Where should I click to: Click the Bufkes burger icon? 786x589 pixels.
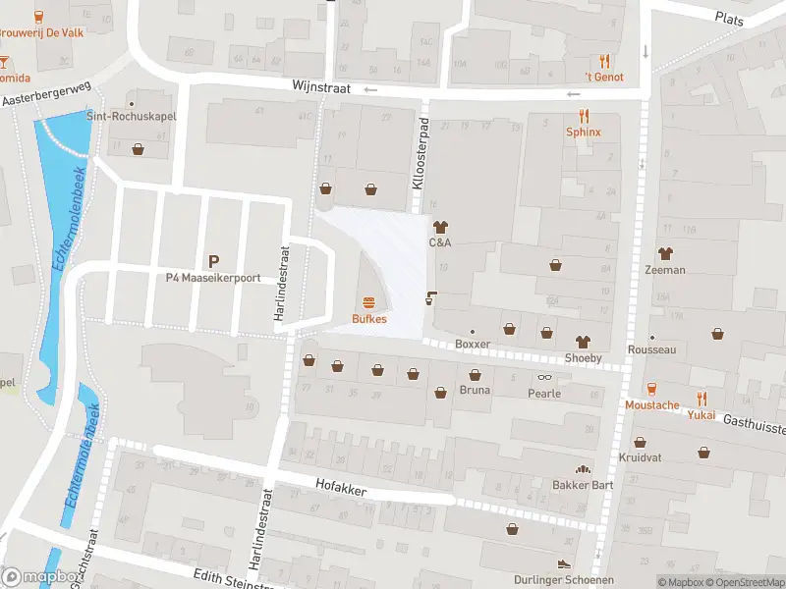[x=369, y=302]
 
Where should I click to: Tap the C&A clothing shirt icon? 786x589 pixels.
[x=439, y=227]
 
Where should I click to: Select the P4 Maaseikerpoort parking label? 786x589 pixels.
[x=212, y=278]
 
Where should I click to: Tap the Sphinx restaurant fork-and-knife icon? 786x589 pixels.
[x=584, y=115]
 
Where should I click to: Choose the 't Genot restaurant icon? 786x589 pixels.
[x=604, y=61]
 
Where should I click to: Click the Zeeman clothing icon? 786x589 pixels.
[x=665, y=253]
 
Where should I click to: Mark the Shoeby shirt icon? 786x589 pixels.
[x=583, y=342]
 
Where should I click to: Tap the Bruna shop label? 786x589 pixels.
[x=475, y=391]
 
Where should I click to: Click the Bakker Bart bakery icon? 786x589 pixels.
[x=583, y=469]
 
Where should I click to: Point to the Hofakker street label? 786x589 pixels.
[x=340, y=484]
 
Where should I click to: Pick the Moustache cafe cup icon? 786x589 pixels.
[x=651, y=389]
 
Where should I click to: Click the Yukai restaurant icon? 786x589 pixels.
[x=701, y=399]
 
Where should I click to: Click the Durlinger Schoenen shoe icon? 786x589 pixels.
[x=563, y=564]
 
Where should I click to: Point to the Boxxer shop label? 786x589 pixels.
[x=473, y=345]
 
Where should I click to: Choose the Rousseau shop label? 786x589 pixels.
[x=652, y=349]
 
